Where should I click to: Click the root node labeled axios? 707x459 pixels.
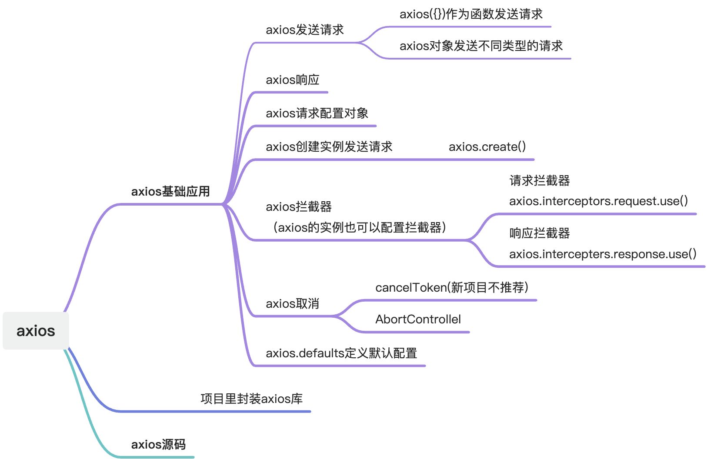point(36,331)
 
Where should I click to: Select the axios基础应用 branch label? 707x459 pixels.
point(170,191)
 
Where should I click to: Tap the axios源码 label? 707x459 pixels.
point(158,444)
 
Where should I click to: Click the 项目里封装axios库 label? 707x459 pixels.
point(251,399)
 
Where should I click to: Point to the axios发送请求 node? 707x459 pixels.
point(304,30)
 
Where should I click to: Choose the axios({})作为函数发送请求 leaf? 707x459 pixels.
point(471,14)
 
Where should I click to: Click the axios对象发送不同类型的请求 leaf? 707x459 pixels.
point(481,46)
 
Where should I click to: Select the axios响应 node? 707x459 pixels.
point(292,80)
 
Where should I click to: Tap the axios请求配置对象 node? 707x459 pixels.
point(317,113)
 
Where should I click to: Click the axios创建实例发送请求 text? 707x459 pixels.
point(329,146)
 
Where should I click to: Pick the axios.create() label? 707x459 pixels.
point(487,146)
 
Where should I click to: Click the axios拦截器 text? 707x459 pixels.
point(298,206)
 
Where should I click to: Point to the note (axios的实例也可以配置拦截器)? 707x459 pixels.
point(359,227)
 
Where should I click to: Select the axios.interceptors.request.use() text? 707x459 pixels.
point(598,201)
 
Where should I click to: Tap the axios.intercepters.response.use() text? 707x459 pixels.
point(603,254)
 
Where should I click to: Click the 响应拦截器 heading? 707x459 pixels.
point(539,233)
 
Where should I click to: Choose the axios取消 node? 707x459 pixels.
point(292,303)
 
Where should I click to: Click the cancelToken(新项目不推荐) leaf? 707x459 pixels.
point(452,287)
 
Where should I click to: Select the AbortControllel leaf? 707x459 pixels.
point(418,319)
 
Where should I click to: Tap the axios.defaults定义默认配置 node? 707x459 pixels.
point(341,353)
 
